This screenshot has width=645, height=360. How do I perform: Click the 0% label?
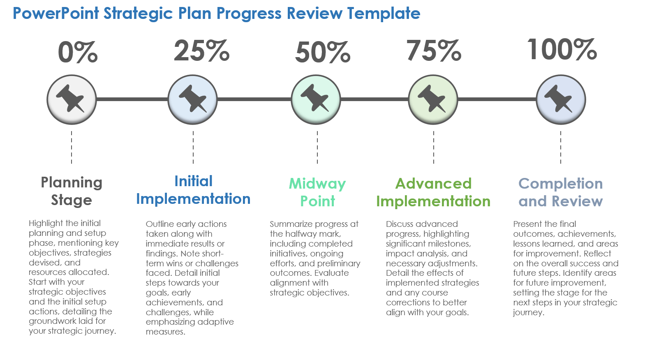coord(78,52)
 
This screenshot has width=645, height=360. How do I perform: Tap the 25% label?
coord(201,51)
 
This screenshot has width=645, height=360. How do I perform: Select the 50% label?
coord(323,52)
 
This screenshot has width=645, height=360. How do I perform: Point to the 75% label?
coord(434,51)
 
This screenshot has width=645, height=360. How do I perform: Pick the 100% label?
coord(562,49)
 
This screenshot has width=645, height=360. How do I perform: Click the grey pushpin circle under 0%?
coord(72,99)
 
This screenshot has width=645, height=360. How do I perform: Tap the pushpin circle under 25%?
coord(193,99)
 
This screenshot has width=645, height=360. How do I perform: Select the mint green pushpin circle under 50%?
coord(316,99)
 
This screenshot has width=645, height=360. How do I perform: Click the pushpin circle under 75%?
coord(433,99)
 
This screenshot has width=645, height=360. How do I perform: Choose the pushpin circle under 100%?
coord(561,99)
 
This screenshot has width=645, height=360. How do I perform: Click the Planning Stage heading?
coord(72,191)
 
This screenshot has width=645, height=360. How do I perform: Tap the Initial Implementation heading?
coord(193,190)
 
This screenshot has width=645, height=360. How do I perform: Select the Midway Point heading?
coord(317,192)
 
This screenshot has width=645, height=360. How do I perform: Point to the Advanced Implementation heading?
coord(433,192)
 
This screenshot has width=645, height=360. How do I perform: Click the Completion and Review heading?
coord(561,192)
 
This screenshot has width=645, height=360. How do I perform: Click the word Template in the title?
coord(384,14)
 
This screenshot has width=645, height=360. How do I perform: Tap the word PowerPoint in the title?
coord(56,13)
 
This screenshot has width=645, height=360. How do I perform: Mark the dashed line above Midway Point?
coord(317,148)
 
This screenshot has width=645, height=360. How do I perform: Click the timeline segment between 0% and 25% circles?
coord(132,99)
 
